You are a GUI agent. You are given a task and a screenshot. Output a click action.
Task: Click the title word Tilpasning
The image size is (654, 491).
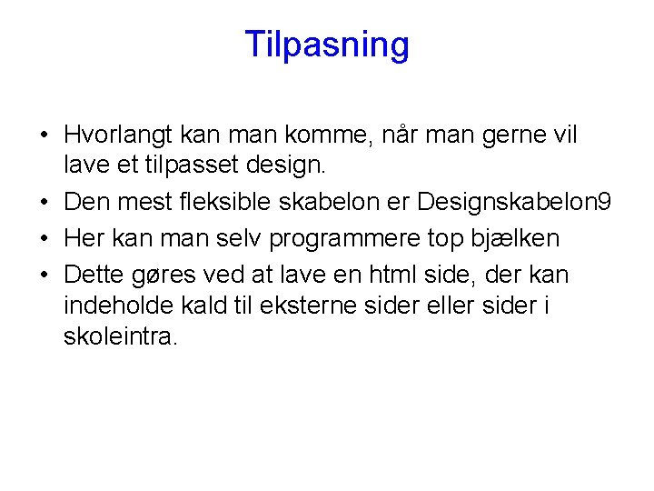[x=327, y=45]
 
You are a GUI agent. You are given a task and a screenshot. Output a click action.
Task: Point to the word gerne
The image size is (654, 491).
[x=501, y=136]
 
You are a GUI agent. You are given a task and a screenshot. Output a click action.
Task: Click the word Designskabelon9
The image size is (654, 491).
[x=514, y=202]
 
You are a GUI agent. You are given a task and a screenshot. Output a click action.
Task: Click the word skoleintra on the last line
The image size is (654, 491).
[x=120, y=336]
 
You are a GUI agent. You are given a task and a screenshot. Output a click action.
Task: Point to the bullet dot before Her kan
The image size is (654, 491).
[x=44, y=239]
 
